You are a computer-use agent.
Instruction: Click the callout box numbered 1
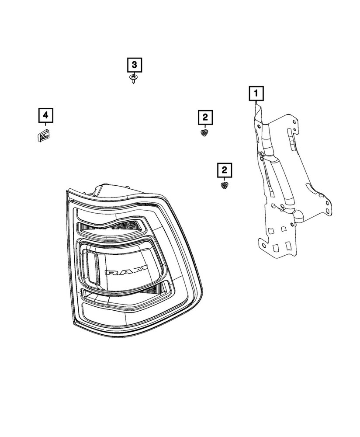click(x=256, y=93)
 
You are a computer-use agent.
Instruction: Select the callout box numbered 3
click(x=135, y=65)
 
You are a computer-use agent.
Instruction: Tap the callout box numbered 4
click(x=45, y=116)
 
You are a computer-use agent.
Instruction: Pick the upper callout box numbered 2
click(x=205, y=117)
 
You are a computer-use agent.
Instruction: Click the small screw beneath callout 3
click(x=133, y=79)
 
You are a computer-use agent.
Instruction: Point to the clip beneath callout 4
click(x=42, y=136)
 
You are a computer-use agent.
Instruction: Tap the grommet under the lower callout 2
click(x=225, y=186)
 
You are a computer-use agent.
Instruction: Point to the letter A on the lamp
click(x=127, y=271)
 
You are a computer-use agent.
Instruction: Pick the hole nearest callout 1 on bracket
click(x=259, y=126)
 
